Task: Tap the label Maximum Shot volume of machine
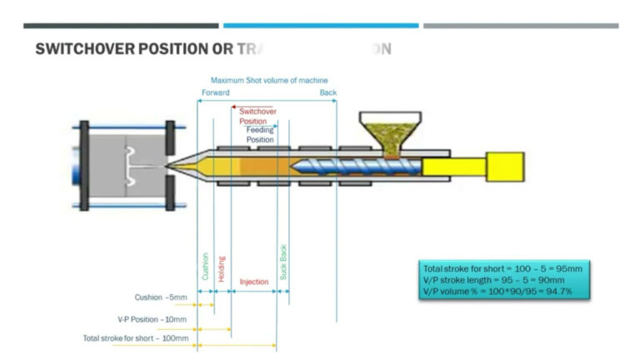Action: tap(268, 80)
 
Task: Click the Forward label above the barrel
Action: tap(215, 92)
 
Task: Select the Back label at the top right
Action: tap(328, 92)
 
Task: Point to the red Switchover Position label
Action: tap(253, 116)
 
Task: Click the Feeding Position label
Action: tap(259, 135)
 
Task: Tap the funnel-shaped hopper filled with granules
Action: tap(390, 132)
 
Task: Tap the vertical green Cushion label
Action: tap(205, 267)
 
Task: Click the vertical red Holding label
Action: tap(222, 268)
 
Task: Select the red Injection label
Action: tap(254, 282)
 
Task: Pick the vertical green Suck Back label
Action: tap(283, 261)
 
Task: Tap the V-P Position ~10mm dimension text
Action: tap(152, 318)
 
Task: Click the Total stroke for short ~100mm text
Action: tap(135, 337)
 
